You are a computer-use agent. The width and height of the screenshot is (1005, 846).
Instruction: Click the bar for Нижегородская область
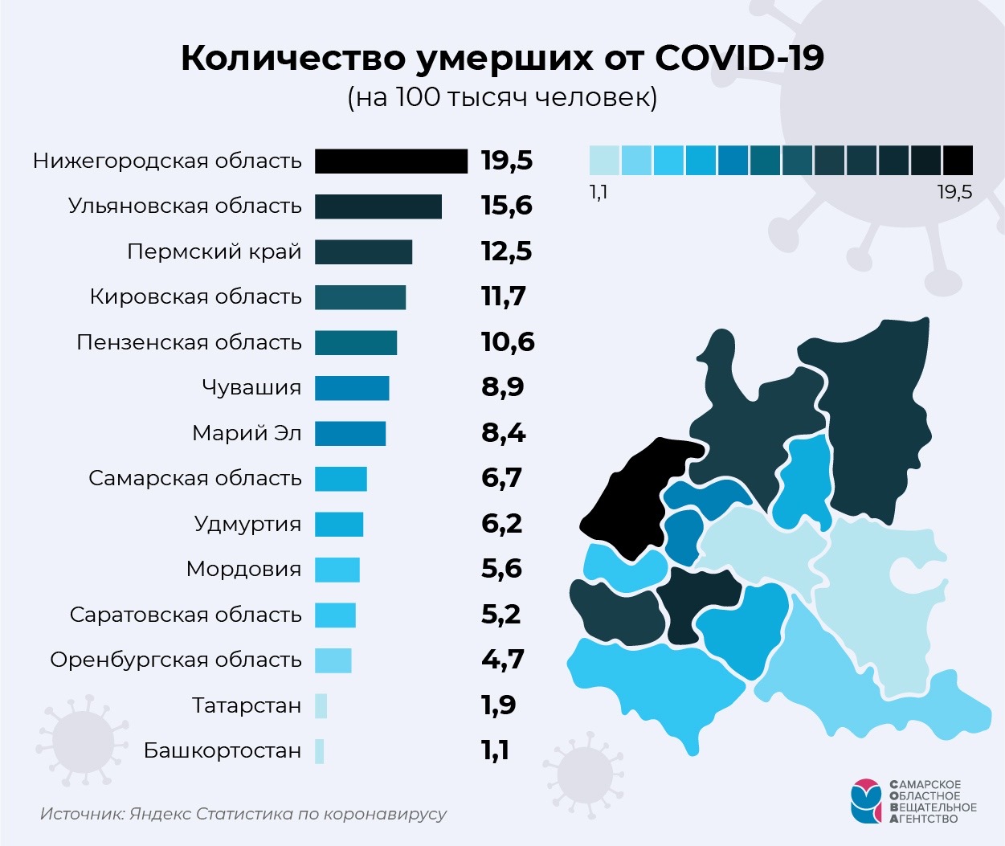390,161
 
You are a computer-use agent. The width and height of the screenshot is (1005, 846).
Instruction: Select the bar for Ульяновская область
378,206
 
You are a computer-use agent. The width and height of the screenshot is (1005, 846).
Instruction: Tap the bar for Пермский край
363,251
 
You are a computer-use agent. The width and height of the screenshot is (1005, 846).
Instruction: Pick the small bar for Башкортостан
320,751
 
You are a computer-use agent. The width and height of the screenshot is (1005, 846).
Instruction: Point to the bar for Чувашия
352,388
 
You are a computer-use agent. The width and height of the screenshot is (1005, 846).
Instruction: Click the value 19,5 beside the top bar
507,161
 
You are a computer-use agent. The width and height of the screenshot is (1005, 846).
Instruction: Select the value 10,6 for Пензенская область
508,342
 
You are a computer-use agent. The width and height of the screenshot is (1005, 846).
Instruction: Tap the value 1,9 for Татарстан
498,705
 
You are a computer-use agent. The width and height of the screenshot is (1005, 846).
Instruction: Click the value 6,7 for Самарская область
502,478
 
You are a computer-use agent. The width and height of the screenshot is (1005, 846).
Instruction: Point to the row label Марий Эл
247,433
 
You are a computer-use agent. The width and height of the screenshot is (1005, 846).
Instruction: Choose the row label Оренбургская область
176,660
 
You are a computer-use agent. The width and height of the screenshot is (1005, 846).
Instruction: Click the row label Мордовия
243,570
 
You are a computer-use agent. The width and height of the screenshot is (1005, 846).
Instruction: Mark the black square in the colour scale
958,160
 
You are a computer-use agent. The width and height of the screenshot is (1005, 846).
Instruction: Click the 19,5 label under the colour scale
954,192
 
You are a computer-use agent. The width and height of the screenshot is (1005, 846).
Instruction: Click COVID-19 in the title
739,58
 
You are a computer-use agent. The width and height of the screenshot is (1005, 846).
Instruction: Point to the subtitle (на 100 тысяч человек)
502,97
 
